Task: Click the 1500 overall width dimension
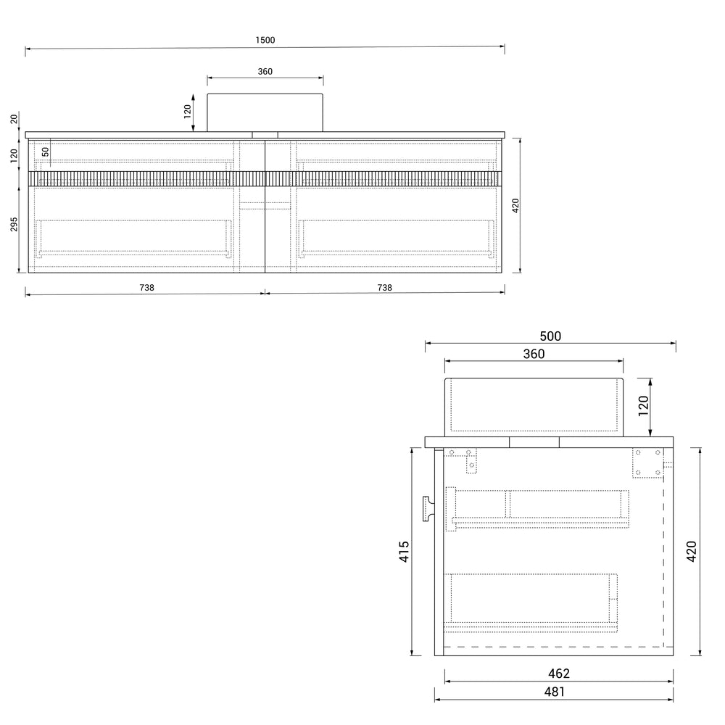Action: click(265, 41)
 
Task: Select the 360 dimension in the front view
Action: click(265, 71)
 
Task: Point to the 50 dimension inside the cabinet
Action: click(45, 152)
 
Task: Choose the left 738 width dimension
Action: click(146, 287)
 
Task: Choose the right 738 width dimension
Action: click(384, 287)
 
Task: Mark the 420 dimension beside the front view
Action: click(515, 206)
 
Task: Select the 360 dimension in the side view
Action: click(533, 354)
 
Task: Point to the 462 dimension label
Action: click(558, 674)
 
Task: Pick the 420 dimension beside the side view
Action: click(691, 552)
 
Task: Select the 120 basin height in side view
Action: click(642, 407)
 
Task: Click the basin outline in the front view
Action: click(265, 112)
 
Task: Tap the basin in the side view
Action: click(534, 406)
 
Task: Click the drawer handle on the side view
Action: click(426, 508)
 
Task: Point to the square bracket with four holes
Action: click(647, 463)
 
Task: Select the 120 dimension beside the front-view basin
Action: click(187, 112)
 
